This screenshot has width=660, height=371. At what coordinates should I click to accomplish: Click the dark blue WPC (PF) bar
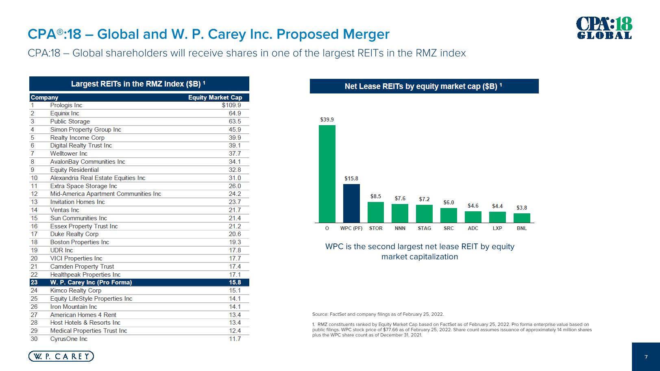[x=351, y=203]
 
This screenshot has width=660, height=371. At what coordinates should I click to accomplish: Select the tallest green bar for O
[x=327, y=174]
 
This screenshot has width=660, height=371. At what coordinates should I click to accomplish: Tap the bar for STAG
[x=424, y=214]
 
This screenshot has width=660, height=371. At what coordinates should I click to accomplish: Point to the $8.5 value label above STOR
[x=375, y=196]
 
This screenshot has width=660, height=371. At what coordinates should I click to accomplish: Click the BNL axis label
[x=521, y=228]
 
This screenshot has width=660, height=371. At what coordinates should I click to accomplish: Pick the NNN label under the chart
[x=400, y=228]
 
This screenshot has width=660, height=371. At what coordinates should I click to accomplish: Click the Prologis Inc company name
[x=66, y=105]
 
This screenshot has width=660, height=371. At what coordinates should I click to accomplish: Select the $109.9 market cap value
[x=231, y=105]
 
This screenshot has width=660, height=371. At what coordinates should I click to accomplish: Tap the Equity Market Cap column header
[x=215, y=98]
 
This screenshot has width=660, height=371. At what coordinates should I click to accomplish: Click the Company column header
[x=44, y=98]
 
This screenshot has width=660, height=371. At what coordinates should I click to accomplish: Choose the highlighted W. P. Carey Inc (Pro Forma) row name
[x=91, y=282]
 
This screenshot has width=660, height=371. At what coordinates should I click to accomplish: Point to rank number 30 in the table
[x=34, y=339]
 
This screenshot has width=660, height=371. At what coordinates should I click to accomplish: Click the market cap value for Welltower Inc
[x=235, y=154]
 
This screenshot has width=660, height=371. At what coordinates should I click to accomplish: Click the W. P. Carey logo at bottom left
[x=61, y=356]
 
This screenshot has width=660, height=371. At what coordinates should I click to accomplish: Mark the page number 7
[x=646, y=357]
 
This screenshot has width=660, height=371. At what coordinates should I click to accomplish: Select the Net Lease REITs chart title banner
[x=424, y=86]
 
